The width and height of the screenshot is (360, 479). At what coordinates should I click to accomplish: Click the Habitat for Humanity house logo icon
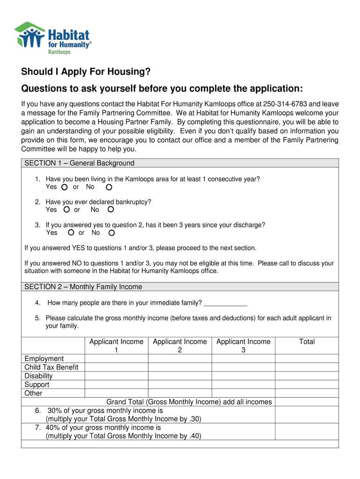tap(29, 35)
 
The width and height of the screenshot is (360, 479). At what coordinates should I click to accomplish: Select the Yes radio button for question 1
tap(64, 188)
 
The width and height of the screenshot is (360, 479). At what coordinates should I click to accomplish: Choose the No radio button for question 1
tap(109, 188)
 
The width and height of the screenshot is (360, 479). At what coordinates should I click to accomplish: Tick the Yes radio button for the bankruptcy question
tap(67, 210)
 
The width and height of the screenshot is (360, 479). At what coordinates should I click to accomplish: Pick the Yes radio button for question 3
tap(71, 232)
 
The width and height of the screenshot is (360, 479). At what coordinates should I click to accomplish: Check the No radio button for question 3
tap(111, 232)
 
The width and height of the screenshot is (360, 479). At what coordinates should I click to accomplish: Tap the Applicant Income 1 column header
tap(116, 346)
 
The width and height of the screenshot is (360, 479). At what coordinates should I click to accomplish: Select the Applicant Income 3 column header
tap(243, 346)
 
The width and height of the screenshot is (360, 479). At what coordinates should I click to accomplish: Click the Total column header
tap(307, 342)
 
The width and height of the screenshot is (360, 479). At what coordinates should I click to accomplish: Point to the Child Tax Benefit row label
tap(51, 367)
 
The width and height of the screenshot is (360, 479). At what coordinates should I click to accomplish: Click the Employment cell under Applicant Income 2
tap(180, 359)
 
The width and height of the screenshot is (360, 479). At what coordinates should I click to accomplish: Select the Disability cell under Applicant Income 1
tap(116, 376)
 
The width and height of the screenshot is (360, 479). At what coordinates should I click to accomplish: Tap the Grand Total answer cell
tap(307, 402)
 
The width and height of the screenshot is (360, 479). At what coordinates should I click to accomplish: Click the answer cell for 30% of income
tap(307, 414)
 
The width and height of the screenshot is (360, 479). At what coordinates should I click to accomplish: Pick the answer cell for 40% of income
tap(307, 432)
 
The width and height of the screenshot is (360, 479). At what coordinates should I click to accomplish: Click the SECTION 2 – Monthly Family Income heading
tap(83, 287)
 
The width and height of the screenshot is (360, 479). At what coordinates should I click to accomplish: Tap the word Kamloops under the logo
tap(60, 52)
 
